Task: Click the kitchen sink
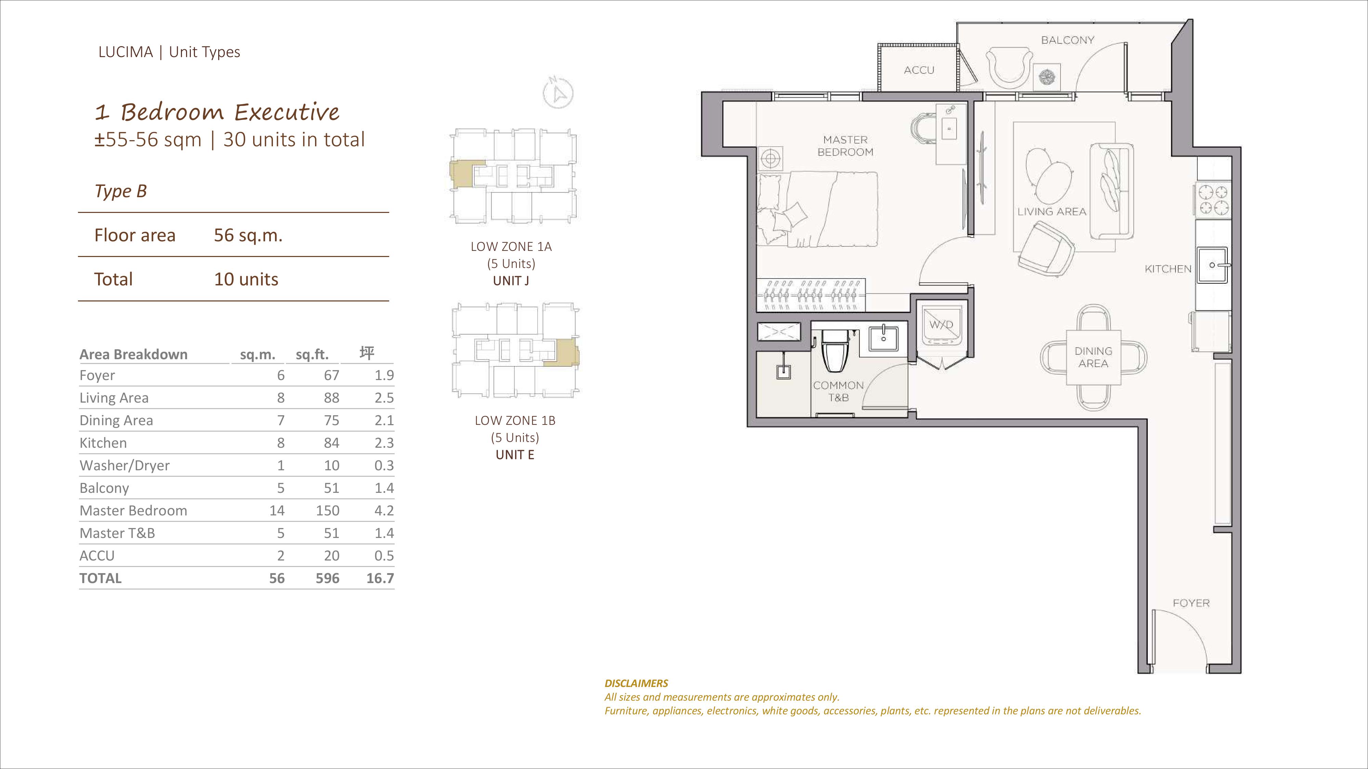click(1212, 265)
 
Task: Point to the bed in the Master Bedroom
click(817, 209)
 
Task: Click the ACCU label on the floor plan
click(919, 70)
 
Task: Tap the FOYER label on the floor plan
click(1191, 604)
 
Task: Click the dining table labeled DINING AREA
click(1093, 357)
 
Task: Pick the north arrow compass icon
click(558, 93)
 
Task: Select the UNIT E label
click(515, 455)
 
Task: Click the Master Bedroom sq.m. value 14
click(277, 511)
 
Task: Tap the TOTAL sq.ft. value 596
click(327, 579)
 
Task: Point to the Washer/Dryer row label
click(124, 466)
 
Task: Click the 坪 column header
click(367, 353)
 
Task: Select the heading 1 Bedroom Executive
click(217, 112)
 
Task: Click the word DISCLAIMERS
click(636, 684)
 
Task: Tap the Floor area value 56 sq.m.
click(248, 235)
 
